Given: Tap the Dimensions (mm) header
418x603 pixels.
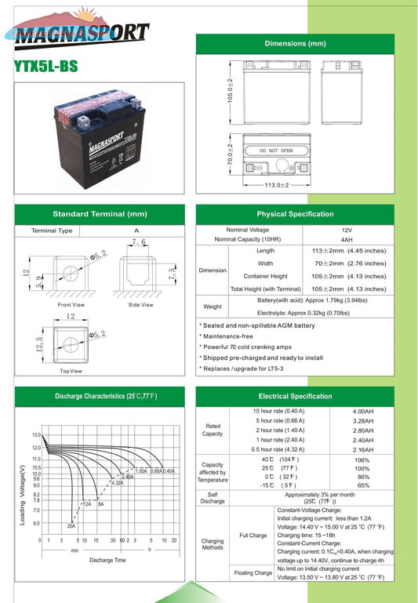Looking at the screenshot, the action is click(x=295, y=43).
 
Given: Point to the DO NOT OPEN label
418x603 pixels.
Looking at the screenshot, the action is click(x=275, y=151).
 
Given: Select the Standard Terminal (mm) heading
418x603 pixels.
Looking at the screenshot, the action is click(x=100, y=214).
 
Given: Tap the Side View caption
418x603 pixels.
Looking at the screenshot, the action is click(x=140, y=304).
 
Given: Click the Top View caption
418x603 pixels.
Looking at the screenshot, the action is click(x=71, y=371).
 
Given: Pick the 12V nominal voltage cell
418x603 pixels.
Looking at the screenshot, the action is click(x=347, y=230).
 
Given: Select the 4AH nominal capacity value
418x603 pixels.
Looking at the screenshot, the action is click(x=347, y=239).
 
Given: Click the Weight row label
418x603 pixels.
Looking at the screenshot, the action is click(x=213, y=307).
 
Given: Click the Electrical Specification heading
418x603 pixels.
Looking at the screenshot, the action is click(x=295, y=397).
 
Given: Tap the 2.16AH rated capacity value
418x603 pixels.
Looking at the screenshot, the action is click(x=363, y=449).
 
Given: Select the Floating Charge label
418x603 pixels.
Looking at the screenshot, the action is click(x=253, y=573).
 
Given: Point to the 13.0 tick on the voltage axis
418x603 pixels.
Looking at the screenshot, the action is click(x=37, y=435).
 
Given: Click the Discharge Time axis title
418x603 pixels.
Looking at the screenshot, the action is click(x=107, y=560).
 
